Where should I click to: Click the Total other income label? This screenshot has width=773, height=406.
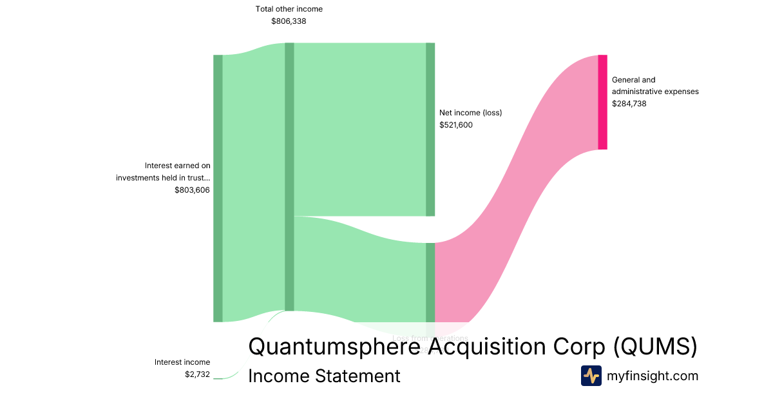[289, 9]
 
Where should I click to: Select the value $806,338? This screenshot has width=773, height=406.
[289, 21]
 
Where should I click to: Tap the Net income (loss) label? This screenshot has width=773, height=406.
[470, 113]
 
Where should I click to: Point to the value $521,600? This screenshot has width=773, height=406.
[456, 125]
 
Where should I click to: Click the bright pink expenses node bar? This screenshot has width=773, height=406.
[602, 102]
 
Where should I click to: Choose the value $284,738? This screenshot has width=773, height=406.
[629, 104]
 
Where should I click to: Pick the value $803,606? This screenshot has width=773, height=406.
[192, 190]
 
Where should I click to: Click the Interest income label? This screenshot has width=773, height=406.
[182, 362]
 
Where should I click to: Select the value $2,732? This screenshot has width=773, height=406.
[197, 374]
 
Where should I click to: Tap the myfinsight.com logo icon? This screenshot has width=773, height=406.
[591, 376]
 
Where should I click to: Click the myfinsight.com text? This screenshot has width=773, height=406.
[653, 376]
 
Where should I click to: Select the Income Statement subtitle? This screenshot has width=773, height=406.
[324, 376]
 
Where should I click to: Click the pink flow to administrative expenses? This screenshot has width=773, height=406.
[515, 193]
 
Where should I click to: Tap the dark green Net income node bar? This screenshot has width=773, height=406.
[430, 129]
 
